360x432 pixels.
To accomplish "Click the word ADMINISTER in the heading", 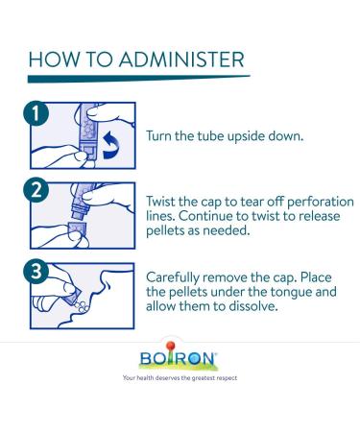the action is (x=181, y=60).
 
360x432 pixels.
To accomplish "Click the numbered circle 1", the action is (x=36, y=113).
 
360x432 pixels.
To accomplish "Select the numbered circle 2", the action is (x=36, y=190).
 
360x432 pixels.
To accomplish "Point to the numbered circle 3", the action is (x=36, y=272).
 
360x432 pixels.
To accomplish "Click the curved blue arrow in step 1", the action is (x=111, y=145).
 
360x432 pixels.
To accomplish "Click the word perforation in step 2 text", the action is (x=321, y=203).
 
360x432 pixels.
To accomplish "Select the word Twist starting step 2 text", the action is (x=160, y=202).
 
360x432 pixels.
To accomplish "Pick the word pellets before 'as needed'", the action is (x=165, y=230).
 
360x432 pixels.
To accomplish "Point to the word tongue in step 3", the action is (x=292, y=292).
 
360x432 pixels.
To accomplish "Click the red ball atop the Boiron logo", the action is (x=171, y=346).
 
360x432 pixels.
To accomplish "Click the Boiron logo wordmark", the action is (x=178, y=358).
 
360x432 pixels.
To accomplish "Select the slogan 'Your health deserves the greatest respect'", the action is (x=180, y=378).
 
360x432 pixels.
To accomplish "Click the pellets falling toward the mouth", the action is (x=82, y=306).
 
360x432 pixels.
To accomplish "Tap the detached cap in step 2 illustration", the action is (x=77, y=229).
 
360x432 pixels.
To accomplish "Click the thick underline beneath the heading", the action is (x=138, y=79).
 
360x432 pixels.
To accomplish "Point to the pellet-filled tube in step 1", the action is (x=87, y=131).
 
